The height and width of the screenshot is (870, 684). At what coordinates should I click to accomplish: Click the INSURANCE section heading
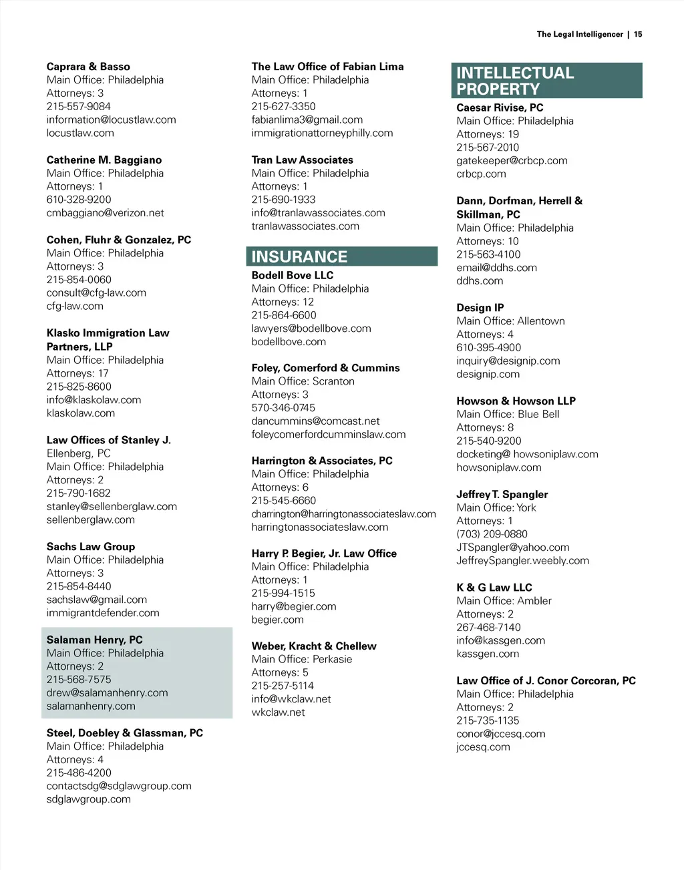(x=299, y=257)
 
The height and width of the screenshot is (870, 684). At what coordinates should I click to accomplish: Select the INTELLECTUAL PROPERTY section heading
(x=514, y=81)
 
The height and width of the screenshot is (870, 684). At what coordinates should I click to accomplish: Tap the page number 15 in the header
(x=638, y=34)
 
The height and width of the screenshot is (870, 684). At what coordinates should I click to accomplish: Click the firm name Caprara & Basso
(x=88, y=67)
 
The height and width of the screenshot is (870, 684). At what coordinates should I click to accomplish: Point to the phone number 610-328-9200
(x=79, y=200)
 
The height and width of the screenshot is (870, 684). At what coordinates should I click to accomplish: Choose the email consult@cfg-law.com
(x=96, y=292)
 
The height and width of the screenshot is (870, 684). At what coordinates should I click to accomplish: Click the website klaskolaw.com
(x=80, y=413)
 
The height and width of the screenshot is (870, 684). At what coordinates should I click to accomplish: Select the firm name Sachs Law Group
(x=91, y=546)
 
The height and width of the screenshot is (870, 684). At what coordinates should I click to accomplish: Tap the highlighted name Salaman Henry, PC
(x=94, y=640)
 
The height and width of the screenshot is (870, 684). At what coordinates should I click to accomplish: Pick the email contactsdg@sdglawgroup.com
(x=119, y=786)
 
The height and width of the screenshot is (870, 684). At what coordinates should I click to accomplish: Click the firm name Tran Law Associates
(x=302, y=160)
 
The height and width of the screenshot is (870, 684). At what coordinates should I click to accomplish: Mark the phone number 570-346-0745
(x=283, y=408)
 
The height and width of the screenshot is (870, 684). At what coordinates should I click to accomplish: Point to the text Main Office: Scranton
(x=303, y=381)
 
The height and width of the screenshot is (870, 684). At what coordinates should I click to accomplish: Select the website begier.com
(x=277, y=620)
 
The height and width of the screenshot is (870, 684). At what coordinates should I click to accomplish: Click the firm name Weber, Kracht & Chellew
(x=313, y=646)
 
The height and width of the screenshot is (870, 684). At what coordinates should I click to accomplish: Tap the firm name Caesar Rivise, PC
(x=500, y=107)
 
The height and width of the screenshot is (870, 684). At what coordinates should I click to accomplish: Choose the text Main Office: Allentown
(x=510, y=321)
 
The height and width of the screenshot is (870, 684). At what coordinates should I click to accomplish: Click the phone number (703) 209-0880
(x=492, y=534)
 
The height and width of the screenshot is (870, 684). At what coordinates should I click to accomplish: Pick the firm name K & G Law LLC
(x=494, y=588)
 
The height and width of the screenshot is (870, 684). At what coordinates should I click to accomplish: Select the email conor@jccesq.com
(x=500, y=734)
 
